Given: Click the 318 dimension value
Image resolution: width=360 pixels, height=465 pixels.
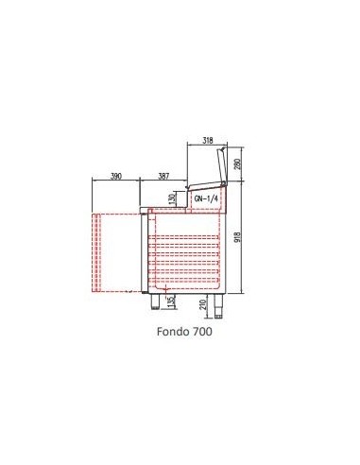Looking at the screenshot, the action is tap(207, 140).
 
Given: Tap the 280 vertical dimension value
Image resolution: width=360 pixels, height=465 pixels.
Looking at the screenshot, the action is tap(238, 164).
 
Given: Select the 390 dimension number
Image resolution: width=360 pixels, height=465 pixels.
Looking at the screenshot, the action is tap(116, 176).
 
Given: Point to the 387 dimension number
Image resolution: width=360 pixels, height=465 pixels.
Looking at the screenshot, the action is tap(163, 176).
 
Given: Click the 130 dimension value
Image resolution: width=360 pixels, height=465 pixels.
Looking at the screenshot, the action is tap(172, 199).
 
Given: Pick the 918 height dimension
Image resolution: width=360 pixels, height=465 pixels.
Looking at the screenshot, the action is tap(238, 237).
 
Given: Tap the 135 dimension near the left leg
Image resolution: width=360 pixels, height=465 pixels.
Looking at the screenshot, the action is tap(172, 301).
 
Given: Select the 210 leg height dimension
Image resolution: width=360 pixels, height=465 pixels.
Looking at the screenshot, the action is tap(203, 304).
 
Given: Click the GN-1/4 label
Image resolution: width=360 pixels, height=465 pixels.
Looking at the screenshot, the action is tap(206, 198).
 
